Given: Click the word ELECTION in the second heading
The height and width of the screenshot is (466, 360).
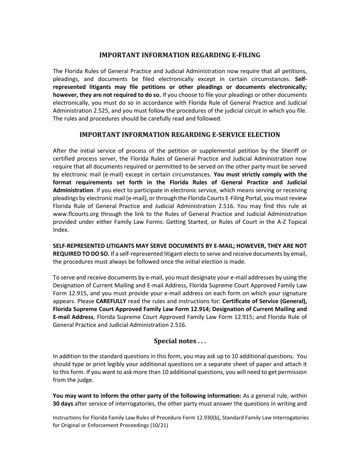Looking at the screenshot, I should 264,135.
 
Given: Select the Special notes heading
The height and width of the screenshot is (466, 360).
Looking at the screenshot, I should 180,341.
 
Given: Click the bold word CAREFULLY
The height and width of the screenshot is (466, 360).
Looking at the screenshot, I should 111,302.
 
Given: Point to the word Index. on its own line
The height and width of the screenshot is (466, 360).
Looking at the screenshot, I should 61,230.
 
